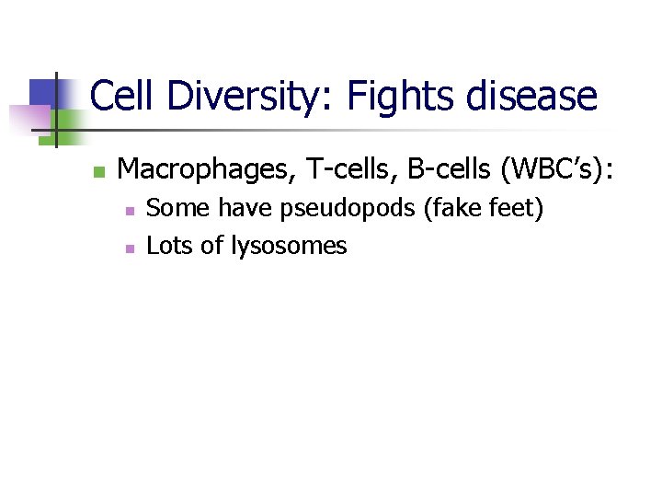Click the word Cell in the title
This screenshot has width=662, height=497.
(x=123, y=96)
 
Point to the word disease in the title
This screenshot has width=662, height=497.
(x=537, y=96)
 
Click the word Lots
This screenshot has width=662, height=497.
(x=166, y=246)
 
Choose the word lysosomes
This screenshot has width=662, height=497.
(x=289, y=247)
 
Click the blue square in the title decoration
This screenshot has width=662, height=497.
(x=44, y=92)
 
